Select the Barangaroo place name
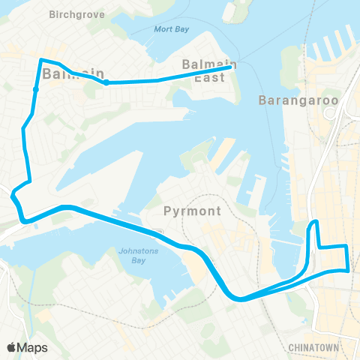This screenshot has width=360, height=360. [x=298, y=99]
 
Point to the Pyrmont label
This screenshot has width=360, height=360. [x=192, y=211]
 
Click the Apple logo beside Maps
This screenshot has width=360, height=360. [x=12, y=347]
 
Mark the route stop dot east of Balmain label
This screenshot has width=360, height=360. [x=106, y=82]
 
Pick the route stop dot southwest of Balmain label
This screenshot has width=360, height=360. [x=35, y=90]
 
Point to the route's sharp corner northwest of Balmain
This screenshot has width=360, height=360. [x=40, y=59]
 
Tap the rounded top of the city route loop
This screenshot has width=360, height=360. [x=316, y=222]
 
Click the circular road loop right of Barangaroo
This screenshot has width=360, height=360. [x=330, y=113]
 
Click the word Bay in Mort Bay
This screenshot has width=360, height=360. [x=181, y=29]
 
